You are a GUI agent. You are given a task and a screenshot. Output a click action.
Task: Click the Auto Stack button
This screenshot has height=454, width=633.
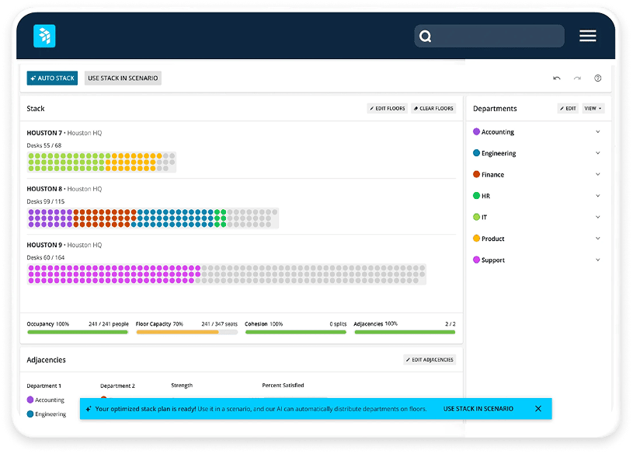click(52, 79)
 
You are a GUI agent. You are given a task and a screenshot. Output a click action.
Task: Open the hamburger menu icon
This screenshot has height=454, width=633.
click(588, 36)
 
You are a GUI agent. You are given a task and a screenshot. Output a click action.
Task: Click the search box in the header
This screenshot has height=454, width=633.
click(489, 36)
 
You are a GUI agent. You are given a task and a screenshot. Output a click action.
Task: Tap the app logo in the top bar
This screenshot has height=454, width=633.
click(44, 36)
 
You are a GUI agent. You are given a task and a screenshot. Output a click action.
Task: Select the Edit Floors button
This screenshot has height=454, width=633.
click(388, 109)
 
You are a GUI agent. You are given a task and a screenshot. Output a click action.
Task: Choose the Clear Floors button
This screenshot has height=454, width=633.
click(433, 109)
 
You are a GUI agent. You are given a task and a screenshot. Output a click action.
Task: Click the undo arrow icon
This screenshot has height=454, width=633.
click(557, 79)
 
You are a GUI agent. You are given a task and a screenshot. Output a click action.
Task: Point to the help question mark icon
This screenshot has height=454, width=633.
click(598, 79)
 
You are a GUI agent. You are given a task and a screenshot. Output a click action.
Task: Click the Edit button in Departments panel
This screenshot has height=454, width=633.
click(568, 109)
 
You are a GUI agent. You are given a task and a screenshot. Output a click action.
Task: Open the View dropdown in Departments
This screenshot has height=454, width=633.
click(593, 109)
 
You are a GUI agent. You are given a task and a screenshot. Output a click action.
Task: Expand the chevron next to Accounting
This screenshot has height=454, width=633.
click(598, 132)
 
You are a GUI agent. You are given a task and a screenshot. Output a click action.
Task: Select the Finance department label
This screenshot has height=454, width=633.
click(492, 175)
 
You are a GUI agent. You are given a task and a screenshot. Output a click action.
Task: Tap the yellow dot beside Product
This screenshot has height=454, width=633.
click(476, 239)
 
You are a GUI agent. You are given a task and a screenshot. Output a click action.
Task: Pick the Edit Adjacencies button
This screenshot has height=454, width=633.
click(430, 360)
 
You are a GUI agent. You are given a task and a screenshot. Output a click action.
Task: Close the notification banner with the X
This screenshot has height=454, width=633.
click(538, 409)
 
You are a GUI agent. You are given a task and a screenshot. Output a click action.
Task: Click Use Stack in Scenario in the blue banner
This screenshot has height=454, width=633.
click(478, 409)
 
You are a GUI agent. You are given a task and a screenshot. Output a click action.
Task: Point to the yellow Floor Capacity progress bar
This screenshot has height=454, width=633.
click(177, 332)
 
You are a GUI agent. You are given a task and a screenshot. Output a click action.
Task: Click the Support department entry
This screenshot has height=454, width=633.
click(492, 260)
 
